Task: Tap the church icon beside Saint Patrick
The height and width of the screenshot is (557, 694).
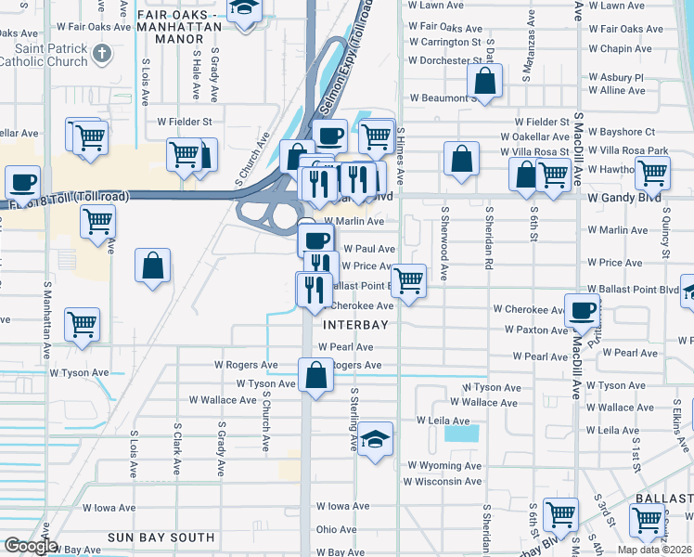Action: pyautogui.click(x=102, y=51)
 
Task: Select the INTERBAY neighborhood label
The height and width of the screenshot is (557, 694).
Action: pyautogui.click(x=349, y=325)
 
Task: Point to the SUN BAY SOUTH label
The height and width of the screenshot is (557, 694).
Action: pyautogui.click(x=161, y=538)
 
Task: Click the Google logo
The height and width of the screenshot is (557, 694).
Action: pyautogui.click(x=31, y=546)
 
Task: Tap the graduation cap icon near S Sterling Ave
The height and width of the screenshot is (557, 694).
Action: pyautogui.click(x=375, y=440)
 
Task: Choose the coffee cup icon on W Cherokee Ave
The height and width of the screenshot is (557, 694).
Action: pyautogui.click(x=582, y=311)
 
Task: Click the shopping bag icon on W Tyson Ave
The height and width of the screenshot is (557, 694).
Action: pyautogui.click(x=315, y=375)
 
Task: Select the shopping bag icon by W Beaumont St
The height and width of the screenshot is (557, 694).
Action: pyautogui.click(x=484, y=82)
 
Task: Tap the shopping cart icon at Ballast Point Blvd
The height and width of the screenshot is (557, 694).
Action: pyautogui.click(x=408, y=280)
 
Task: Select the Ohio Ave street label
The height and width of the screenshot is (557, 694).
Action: pyautogui.click(x=336, y=529)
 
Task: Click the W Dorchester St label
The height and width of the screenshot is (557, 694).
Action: pyautogui.click(x=444, y=60)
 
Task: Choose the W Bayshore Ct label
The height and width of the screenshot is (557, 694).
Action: pyautogui.click(x=623, y=132)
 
